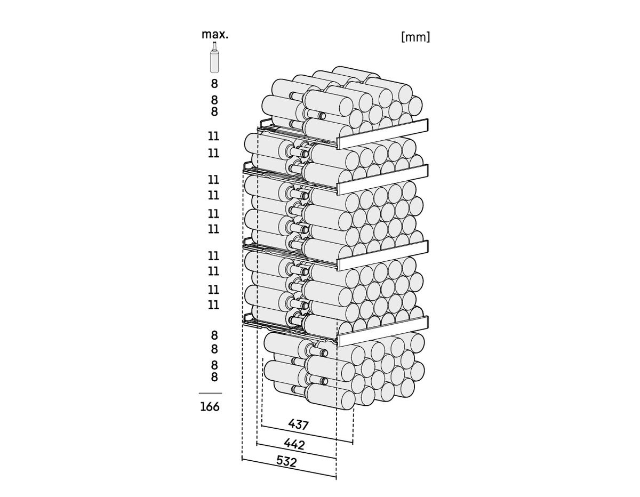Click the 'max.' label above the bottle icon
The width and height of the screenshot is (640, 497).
click(214, 35)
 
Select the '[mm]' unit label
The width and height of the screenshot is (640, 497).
click(415, 37)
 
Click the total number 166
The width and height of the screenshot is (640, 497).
click(210, 407)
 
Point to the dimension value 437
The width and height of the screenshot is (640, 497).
click(299, 424)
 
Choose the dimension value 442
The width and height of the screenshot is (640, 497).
click(294, 443)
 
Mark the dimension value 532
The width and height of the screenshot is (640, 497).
click(286, 461)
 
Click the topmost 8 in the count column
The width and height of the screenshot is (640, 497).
click(214, 84)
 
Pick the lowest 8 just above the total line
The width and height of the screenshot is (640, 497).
click(214, 378)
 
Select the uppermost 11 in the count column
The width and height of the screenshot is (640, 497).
click(213, 137)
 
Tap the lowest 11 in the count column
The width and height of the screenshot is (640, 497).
click(213, 305)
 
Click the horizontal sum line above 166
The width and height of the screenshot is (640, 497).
click(210, 393)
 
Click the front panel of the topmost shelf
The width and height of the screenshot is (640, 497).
click(383, 134)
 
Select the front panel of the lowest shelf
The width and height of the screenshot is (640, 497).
click(383, 331)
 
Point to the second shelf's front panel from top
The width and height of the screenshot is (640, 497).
click(383, 180)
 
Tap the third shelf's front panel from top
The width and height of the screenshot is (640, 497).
click(383, 255)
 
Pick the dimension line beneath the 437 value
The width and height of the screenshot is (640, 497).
click(307, 434)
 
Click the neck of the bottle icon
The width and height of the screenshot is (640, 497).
click(214, 46)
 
